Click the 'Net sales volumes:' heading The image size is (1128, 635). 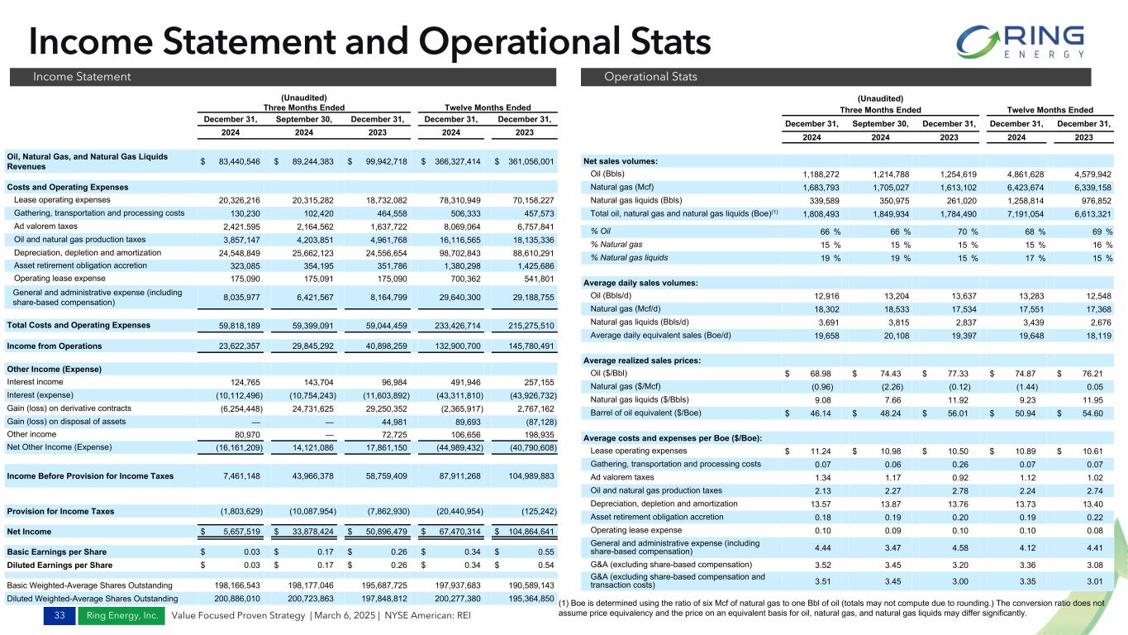click(621, 160)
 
